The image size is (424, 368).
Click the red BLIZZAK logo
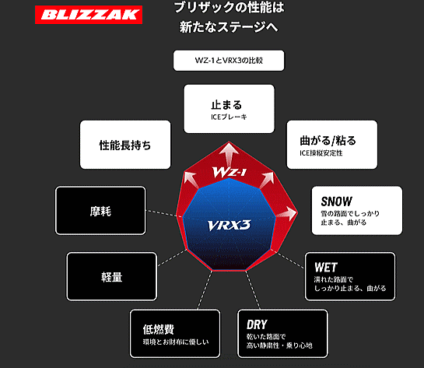coord(89,15)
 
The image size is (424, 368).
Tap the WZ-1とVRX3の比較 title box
coord(229,61)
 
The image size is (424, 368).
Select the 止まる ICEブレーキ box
coord(229,109)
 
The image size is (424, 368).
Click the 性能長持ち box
coord(125,145)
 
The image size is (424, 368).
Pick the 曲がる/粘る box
coord(332,145)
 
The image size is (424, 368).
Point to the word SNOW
coord(337,202)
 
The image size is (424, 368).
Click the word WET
coord(326,268)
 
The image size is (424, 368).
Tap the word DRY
coord(257,324)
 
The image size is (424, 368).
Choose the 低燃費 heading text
coord(159,329)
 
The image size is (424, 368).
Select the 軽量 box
coord(112,277)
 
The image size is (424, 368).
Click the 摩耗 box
coord(100,210)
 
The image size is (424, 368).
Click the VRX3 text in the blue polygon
coord(229,225)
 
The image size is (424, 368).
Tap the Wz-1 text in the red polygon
coord(230,172)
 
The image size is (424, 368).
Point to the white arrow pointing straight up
coord(229,154)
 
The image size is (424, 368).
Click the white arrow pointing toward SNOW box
coord(286,213)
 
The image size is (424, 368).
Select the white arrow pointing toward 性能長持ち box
coord(191,180)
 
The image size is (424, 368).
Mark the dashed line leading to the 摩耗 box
coord(162,213)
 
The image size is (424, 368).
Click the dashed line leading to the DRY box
coord(253,290)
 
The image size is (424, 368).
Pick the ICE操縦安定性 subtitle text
coord(321,153)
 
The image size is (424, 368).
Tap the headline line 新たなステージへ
coord(229,27)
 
